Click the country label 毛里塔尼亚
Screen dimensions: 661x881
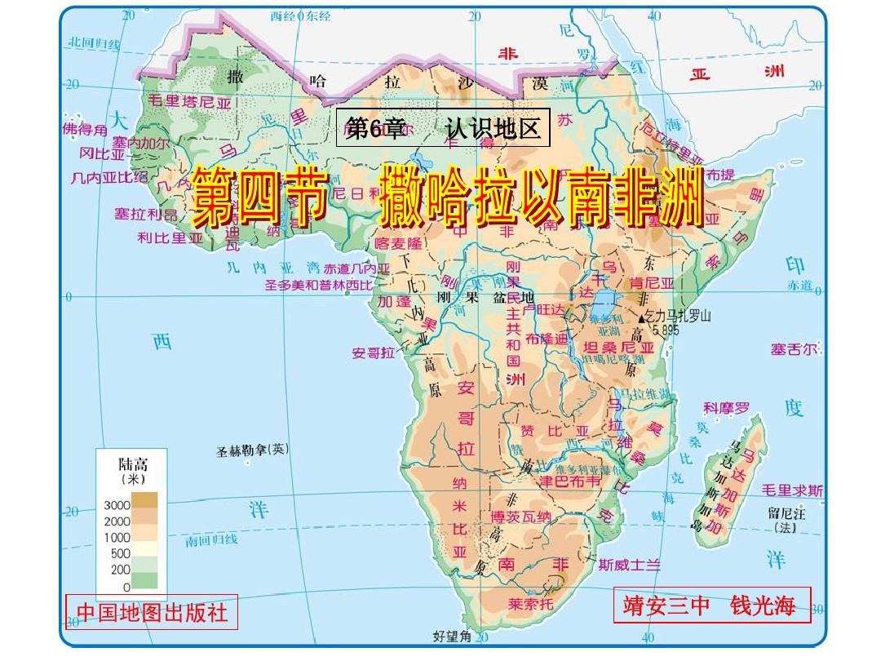pyautogui.click(x=188, y=103)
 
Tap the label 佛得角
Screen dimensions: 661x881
pyautogui.click(x=84, y=129)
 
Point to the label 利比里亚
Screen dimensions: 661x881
pyautogui.click(x=170, y=238)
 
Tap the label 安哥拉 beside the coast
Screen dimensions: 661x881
pyautogui.click(x=373, y=353)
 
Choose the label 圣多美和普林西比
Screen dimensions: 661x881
pyautogui.click(x=318, y=285)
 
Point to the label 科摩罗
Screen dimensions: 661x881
pyautogui.click(x=726, y=406)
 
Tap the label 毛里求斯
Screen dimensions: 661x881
pyautogui.click(x=792, y=490)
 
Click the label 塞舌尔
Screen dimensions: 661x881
pyautogui.click(x=795, y=349)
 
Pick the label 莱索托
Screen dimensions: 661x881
pyautogui.click(x=530, y=604)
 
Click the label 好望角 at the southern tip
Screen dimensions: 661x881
pyautogui.click(x=452, y=636)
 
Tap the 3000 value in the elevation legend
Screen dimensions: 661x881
pyautogui.click(x=117, y=505)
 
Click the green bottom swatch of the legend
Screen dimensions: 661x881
pyautogui.click(x=146, y=580)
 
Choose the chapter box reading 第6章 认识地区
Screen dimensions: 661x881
pyautogui.click(x=443, y=128)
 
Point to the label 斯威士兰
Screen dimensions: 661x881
pyautogui.click(x=629, y=563)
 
